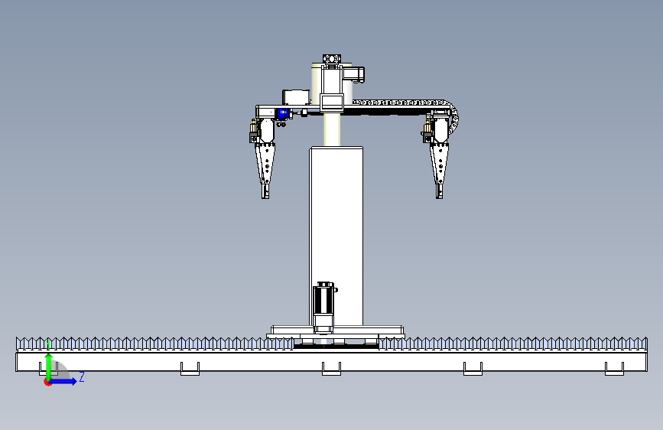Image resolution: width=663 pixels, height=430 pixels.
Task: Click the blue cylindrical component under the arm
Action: [x=283, y=114]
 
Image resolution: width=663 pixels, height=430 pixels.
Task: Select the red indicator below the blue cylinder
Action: [x=282, y=125]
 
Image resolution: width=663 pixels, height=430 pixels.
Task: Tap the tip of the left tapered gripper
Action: [x=265, y=197]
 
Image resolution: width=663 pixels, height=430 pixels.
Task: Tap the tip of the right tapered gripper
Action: [x=439, y=197]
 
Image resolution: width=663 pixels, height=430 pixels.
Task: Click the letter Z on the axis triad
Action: [x=82, y=376]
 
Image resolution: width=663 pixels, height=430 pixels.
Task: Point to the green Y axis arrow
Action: [x=48, y=366]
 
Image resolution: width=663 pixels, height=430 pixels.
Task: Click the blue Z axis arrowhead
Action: [x=73, y=381]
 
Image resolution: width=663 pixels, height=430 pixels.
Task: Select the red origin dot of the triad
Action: [x=47, y=383]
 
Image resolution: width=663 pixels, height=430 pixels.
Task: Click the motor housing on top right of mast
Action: [x=354, y=74]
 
